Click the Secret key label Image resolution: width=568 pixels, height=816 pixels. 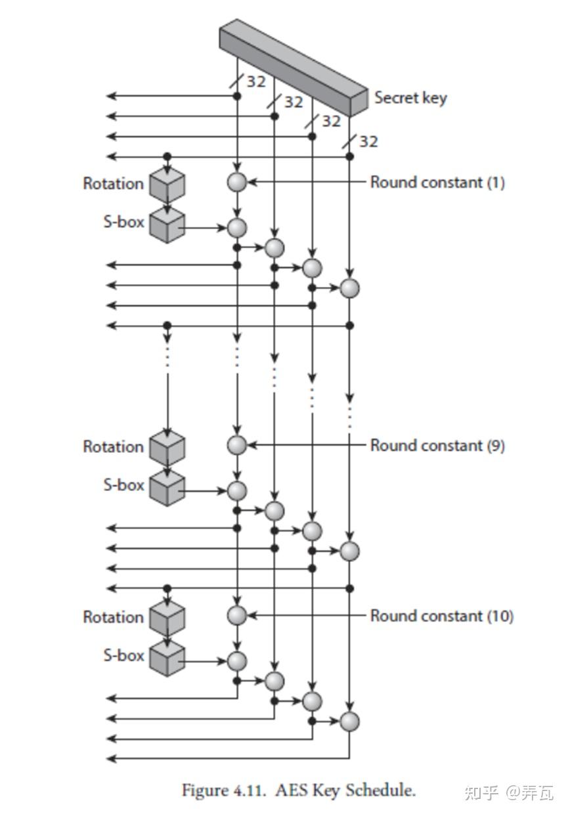pyautogui.click(x=410, y=98)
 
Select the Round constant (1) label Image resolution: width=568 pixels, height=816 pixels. pyautogui.click(x=437, y=182)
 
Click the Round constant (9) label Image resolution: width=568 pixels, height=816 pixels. pyautogui.click(x=437, y=445)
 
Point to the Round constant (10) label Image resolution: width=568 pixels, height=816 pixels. pyautogui.click(x=441, y=616)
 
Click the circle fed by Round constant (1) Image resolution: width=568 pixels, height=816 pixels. pyautogui.click(x=237, y=182)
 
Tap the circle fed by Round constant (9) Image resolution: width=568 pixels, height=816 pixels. pyautogui.click(x=237, y=445)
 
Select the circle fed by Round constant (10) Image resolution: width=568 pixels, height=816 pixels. pyautogui.click(x=237, y=616)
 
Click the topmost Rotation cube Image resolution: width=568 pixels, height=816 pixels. pyautogui.click(x=167, y=184)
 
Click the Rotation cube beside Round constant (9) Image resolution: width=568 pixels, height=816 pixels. pyautogui.click(x=167, y=448)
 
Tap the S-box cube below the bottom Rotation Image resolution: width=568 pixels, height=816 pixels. pyautogui.click(x=167, y=659)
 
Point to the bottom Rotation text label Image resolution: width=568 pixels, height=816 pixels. pyautogui.click(x=113, y=617)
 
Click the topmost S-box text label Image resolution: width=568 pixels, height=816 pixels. pyautogui.click(x=123, y=222)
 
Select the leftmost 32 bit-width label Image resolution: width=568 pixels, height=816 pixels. pyautogui.click(x=255, y=81)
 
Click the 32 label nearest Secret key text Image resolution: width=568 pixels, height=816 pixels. pyautogui.click(x=368, y=142)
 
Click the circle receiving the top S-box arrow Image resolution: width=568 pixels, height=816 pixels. pyautogui.click(x=237, y=228)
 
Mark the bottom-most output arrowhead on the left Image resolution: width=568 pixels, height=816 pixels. pyautogui.click(x=111, y=759)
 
